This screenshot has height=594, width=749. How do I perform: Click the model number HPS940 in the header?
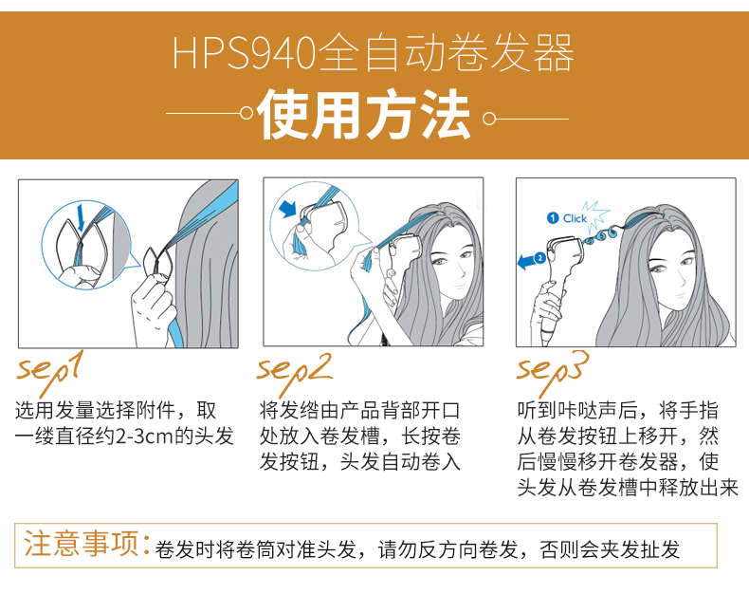click(x=244, y=52)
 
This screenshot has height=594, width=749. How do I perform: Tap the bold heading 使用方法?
click(x=364, y=115)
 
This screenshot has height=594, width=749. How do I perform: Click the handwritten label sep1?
click(x=50, y=372)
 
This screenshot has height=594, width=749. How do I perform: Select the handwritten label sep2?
click(x=294, y=372)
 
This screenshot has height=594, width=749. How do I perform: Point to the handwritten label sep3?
click(x=552, y=372)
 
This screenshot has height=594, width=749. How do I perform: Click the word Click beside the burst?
click(x=575, y=218)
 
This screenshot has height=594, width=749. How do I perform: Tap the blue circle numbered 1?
click(x=553, y=218)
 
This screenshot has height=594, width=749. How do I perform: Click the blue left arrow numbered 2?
click(x=532, y=261)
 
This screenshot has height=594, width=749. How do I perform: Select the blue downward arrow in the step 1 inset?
click(x=81, y=217)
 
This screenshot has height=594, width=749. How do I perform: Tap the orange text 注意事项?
click(x=82, y=544)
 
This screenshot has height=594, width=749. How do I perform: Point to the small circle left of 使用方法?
click(x=247, y=113)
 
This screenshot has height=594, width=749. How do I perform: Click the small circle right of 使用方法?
click(x=489, y=118)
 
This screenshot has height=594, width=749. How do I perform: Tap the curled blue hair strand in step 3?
click(x=601, y=235)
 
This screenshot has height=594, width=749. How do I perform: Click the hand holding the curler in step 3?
click(x=549, y=306)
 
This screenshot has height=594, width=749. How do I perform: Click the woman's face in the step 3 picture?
click(x=673, y=272)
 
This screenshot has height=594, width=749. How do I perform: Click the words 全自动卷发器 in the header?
click(x=446, y=52)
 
